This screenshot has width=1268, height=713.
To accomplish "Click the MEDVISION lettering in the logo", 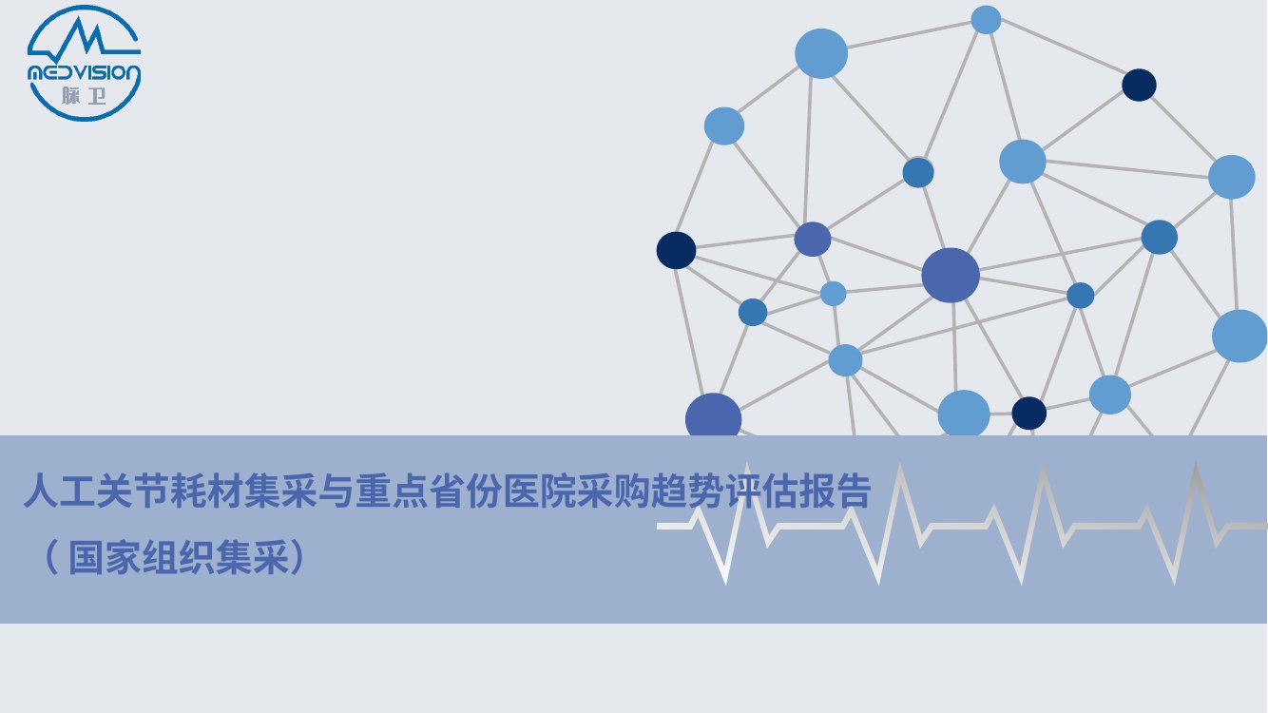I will click(x=85, y=72).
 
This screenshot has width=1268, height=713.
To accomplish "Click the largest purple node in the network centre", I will click(x=951, y=276).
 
